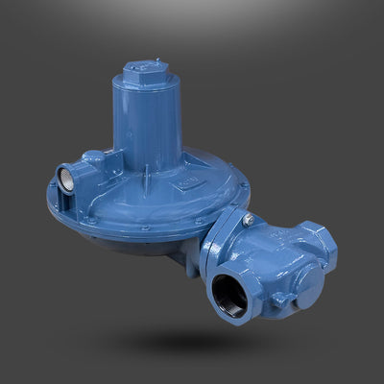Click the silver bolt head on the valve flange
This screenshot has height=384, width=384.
coord(247,221)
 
